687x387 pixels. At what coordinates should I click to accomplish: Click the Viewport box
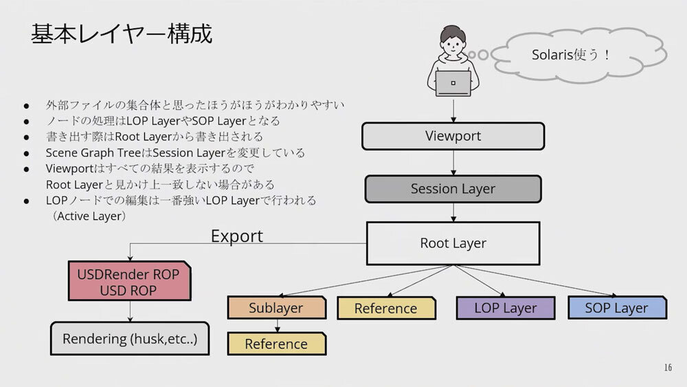(x=453, y=136)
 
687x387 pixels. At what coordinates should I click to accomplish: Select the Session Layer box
(x=453, y=188)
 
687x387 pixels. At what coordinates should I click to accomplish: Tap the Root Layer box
(x=453, y=243)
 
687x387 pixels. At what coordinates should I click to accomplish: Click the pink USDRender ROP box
(x=128, y=282)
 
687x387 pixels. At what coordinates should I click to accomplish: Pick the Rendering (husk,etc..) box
(x=130, y=339)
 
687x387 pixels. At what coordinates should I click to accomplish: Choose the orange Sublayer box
(x=276, y=308)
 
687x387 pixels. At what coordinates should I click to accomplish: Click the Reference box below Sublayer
(x=276, y=344)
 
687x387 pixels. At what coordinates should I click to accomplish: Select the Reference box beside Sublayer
(x=386, y=309)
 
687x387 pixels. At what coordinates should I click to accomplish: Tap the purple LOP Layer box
(x=505, y=308)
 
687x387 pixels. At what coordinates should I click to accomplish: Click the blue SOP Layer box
(x=616, y=308)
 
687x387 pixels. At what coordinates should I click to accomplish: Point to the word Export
(x=237, y=236)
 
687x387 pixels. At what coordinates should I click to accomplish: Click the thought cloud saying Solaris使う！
(x=572, y=55)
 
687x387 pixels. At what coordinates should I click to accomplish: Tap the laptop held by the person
(x=453, y=83)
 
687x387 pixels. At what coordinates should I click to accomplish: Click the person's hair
(x=453, y=33)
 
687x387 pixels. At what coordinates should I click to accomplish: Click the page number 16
(x=668, y=368)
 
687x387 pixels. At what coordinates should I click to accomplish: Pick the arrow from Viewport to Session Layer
(x=453, y=162)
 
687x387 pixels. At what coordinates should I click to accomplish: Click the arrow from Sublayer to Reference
(x=276, y=325)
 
